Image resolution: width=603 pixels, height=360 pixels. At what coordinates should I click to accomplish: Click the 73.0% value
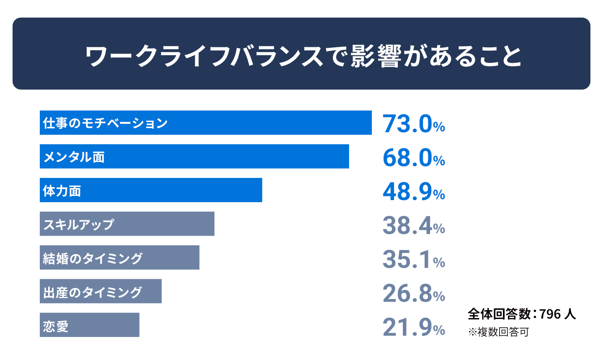tap(414, 124)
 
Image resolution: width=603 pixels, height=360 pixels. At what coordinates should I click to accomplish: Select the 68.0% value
tap(414, 158)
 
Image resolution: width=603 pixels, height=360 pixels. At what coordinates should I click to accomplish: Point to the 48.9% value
tap(414, 192)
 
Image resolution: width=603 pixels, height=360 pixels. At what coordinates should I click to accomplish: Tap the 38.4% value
tap(414, 226)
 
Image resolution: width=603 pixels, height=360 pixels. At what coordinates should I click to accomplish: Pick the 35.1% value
tap(414, 259)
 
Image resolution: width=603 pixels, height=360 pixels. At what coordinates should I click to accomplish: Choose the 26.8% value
tap(414, 293)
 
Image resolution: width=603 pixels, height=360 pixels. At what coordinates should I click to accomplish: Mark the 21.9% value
tap(414, 327)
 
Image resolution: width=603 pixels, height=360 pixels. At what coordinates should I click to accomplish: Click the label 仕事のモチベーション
tap(105, 123)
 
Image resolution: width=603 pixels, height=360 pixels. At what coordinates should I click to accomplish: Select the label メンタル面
tap(74, 157)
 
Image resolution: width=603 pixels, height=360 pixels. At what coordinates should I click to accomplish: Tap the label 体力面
tap(62, 191)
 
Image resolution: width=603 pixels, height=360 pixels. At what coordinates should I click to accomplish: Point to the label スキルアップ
tap(79, 224)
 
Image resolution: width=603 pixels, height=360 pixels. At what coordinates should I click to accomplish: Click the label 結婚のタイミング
tap(92, 258)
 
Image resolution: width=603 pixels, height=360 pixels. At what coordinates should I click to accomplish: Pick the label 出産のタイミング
tap(92, 292)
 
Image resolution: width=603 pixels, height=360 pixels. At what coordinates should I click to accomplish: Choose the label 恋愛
tap(56, 326)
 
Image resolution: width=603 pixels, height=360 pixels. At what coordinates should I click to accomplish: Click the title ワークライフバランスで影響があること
tap(303, 56)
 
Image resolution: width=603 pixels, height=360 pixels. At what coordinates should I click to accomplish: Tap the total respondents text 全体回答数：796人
tap(522, 314)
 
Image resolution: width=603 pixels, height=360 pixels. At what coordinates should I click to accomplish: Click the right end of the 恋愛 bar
tap(139, 325)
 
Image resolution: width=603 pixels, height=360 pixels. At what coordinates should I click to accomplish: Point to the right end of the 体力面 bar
tap(262, 190)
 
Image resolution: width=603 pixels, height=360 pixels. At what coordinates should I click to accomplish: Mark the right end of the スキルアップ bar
tap(214, 224)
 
